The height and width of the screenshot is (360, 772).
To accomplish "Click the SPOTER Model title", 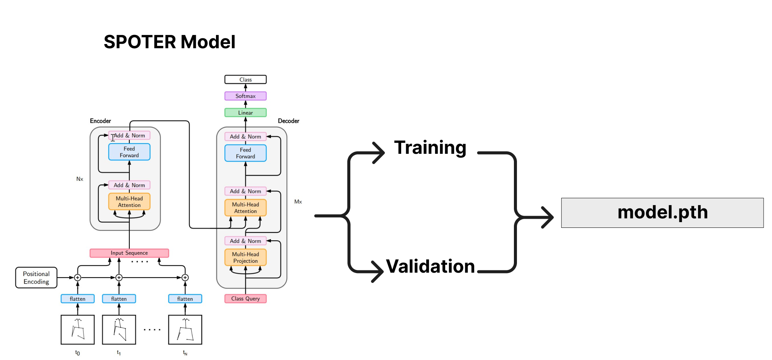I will pos(169,42).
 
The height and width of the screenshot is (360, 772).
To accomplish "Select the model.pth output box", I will pos(662,213).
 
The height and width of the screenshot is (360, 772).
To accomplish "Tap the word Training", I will pos(430,147).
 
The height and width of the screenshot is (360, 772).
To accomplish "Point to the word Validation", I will pos(430,266).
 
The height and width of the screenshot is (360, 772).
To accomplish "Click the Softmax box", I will pos(246,96).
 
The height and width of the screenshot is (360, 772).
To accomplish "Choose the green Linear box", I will pos(246,113).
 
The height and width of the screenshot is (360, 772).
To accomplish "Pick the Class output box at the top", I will pos(246,80).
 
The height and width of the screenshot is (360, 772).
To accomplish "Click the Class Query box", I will pos(246,299).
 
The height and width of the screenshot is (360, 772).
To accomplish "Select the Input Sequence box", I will pos(129,253).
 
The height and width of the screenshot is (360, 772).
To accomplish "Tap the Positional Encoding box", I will pos(36,278).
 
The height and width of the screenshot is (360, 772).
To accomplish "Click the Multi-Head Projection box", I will pos(246,257).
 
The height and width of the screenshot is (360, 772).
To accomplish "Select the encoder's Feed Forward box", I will pos(129,152).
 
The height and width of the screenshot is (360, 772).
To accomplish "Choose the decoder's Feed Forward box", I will pos(246,153).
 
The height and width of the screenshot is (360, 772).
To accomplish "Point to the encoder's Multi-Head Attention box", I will pos(129,202).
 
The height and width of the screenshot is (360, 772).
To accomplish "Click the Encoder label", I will pos(100,121).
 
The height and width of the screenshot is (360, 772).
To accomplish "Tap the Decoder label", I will pos(288,121).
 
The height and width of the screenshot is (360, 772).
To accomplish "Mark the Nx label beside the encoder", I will pos(80,179).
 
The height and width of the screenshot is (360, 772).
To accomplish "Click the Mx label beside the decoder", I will pos(298,202).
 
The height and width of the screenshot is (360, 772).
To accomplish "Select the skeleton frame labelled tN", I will pos(185,330).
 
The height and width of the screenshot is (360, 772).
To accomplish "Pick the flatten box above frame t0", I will pos(77,299).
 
